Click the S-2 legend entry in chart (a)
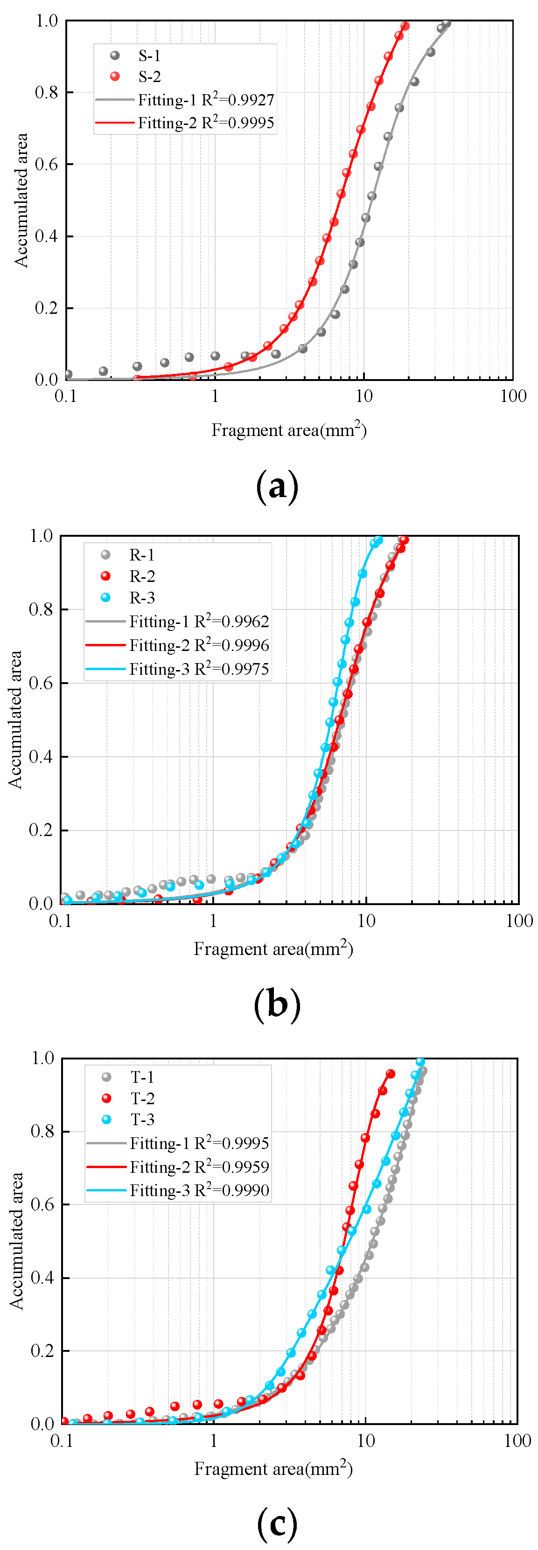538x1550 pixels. [x=149, y=76]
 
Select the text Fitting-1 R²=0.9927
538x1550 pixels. [x=205, y=100]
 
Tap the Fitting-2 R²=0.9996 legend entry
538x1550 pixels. [x=199, y=645]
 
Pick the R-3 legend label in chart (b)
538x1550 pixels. [x=142, y=597]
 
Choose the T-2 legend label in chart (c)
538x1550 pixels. [x=143, y=1098]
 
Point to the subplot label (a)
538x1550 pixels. [x=277, y=486]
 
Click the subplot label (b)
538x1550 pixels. [x=277, y=1004]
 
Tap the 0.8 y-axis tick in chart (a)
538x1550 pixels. [x=46, y=93]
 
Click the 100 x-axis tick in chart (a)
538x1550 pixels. [x=513, y=396]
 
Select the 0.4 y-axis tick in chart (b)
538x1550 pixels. [x=41, y=756]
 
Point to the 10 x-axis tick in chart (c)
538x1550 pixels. [x=365, y=1440]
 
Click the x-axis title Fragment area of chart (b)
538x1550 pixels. [x=272, y=949]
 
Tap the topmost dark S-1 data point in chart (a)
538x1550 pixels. [x=446, y=23]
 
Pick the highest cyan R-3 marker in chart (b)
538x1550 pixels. [x=378, y=540]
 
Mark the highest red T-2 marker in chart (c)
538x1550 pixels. [x=390, y=1074]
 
